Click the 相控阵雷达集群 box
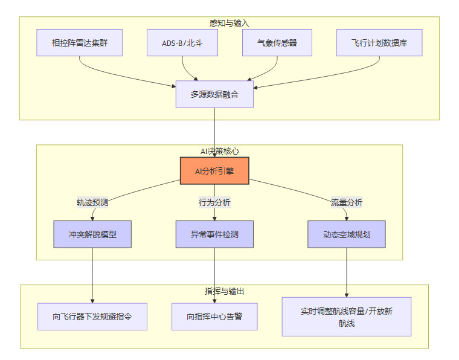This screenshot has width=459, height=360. click(80, 43)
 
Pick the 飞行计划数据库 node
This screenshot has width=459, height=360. click(379, 43)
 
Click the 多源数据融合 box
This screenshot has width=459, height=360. click(214, 94)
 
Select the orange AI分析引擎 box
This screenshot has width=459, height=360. click(214, 171)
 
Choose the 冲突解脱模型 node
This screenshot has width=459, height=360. click(92, 234)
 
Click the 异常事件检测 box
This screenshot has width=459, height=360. click(214, 234)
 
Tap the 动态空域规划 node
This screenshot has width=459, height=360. click(347, 234)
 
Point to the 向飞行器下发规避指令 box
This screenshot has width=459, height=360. click(92, 317)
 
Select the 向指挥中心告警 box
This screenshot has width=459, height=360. click(214, 317)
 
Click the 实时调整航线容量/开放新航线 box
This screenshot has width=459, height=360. click(347, 317)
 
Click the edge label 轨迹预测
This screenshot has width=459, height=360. click(92, 202)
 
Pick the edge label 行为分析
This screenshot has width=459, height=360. click(214, 202)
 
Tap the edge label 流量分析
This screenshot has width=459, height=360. click(347, 202)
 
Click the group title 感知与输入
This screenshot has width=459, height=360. click(229, 23)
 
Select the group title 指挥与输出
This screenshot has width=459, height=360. click(224, 291)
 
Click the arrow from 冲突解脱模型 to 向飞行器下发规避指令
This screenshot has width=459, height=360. click(92, 275)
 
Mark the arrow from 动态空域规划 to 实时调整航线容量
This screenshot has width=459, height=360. click(347, 272)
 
